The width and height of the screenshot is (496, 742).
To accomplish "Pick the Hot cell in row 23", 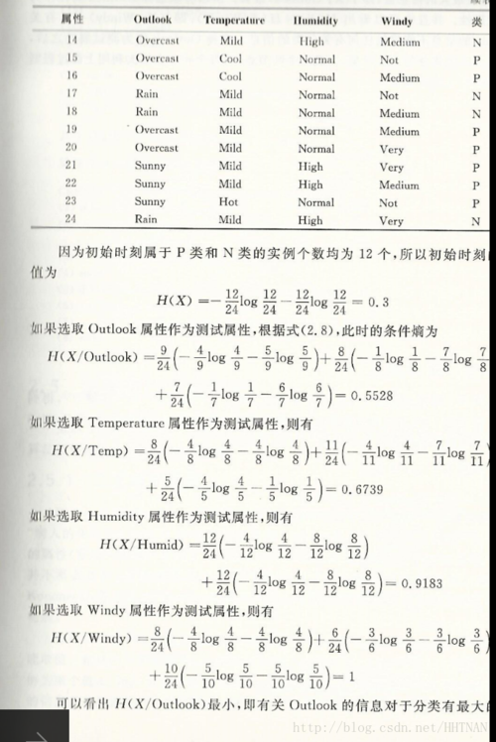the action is (x=230, y=202).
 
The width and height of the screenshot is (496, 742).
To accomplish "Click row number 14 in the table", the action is (x=71, y=42).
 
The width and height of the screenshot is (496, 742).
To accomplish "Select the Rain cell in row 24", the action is (x=146, y=220).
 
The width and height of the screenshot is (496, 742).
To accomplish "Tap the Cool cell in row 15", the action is (x=230, y=60).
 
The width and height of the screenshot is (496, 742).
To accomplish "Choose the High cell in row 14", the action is (x=310, y=42).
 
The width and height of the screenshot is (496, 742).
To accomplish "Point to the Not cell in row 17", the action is (x=389, y=95).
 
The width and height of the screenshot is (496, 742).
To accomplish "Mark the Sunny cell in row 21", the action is (x=151, y=167).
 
